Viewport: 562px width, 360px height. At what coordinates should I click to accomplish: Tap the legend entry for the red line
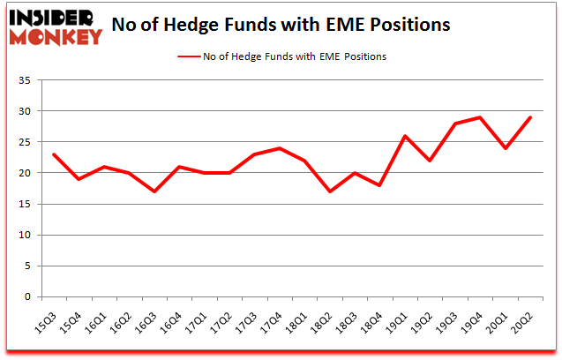pyautogui.click(x=281, y=56)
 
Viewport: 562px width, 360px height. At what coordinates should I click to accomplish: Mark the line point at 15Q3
pyautogui.click(x=55, y=154)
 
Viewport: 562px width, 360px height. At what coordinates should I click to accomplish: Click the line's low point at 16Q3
pyautogui.click(x=155, y=191)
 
